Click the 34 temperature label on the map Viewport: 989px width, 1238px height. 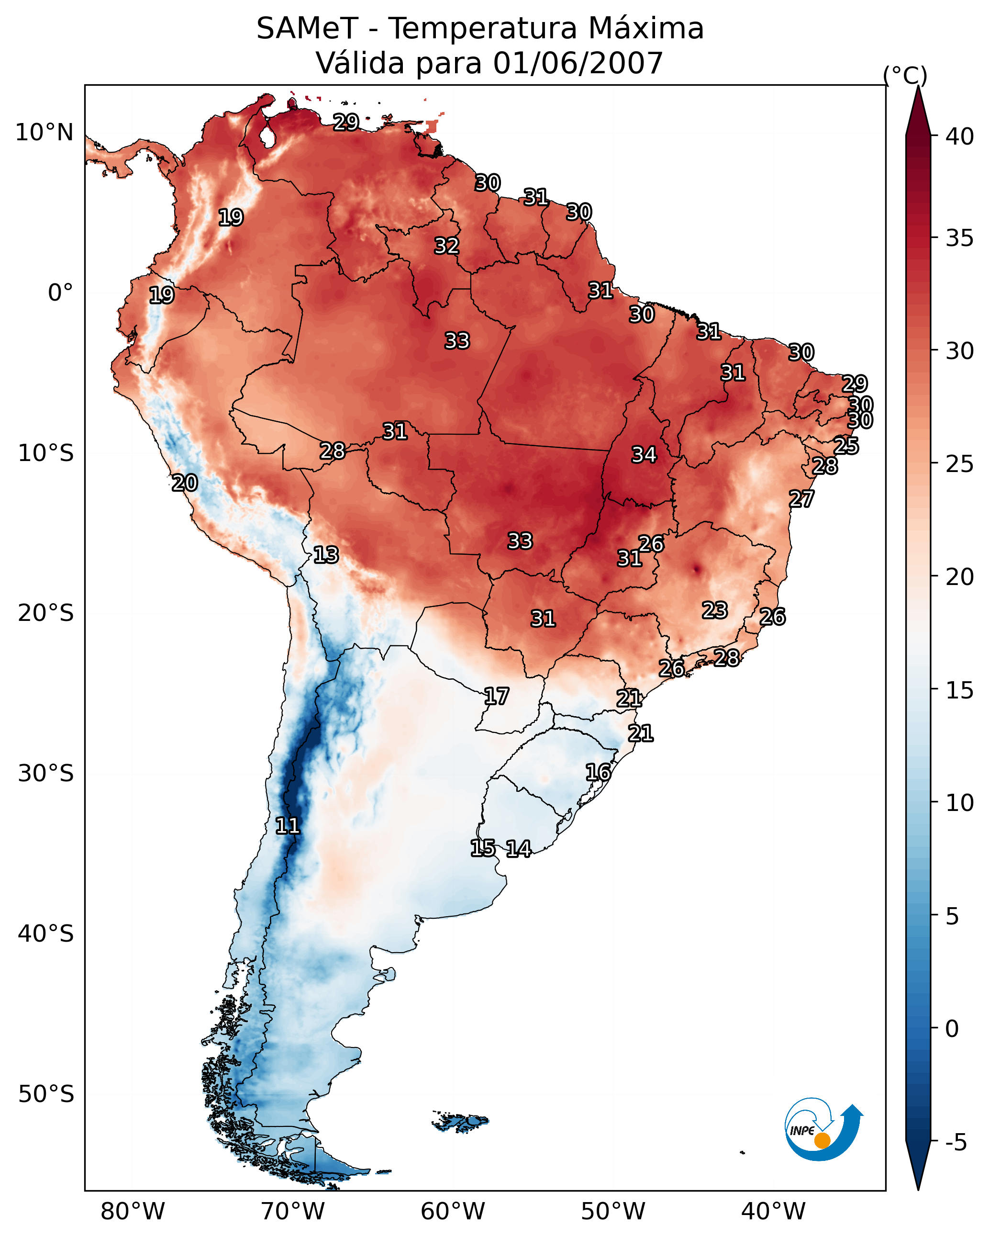644,455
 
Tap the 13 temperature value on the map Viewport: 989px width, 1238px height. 325,555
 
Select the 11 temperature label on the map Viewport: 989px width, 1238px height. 287,826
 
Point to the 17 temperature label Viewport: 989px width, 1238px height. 496,697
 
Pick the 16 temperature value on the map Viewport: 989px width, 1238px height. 598,772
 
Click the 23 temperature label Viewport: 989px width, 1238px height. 715,610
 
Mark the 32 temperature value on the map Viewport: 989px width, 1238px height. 446,246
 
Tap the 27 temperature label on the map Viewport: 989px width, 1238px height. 801,499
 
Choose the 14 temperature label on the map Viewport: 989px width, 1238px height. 518,849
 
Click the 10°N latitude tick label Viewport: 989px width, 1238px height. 44,133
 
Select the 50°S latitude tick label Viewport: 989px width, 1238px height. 46,1094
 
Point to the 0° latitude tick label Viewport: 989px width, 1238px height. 60,293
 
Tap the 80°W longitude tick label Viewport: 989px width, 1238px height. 133,1211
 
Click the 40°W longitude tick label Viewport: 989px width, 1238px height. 773,1211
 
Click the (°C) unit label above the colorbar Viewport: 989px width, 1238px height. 905,75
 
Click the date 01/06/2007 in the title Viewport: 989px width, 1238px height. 578,63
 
